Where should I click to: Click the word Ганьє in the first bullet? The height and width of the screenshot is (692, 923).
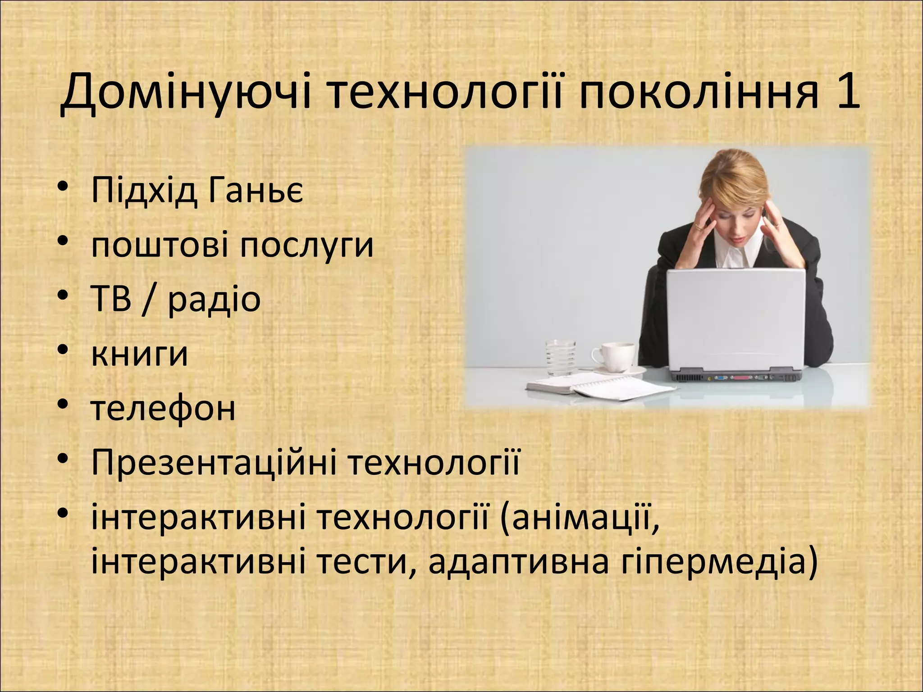(x=256, y=191)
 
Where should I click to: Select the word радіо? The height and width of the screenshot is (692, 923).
(x=215, y=300)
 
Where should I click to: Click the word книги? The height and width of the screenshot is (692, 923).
(x=139, y=354)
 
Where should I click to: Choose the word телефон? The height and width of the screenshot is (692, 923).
(x=163, y=409)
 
